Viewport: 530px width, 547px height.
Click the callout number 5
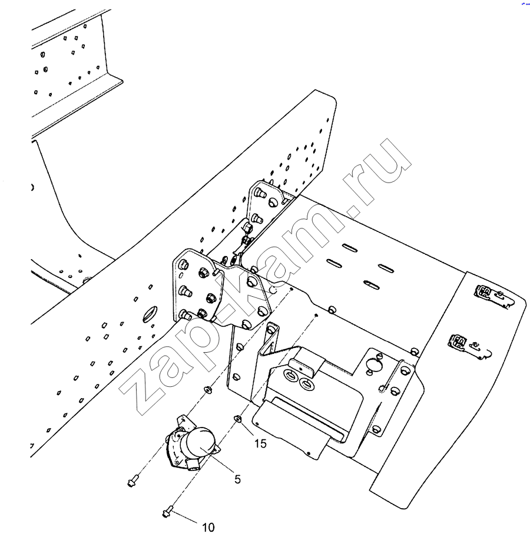[x=237, y=479]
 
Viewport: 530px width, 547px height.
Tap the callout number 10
[x=208, y=528]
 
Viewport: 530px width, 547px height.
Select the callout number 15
[x=261, y=443]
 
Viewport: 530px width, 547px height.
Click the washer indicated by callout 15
[x=238, y=419]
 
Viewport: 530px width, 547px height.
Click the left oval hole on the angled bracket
[x=292, y=374]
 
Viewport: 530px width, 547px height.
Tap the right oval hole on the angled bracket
[x=306, y=385]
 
